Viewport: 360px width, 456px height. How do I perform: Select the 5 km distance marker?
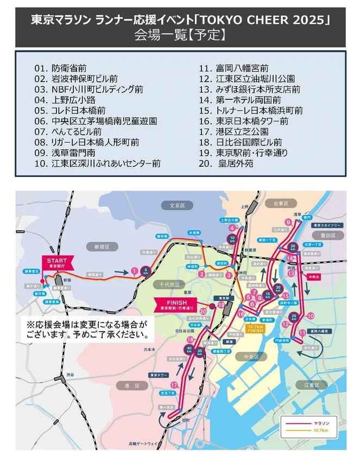click(146, 270)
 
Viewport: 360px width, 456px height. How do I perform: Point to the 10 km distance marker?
click(232, 238)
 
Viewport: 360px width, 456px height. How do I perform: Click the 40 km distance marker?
click(190, 348)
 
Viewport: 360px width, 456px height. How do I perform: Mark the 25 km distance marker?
click(294, 316)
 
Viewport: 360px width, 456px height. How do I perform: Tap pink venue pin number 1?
click(134, 270)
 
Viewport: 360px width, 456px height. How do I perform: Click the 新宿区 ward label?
click(102, 246)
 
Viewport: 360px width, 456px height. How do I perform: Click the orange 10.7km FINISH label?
click(255, 327)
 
